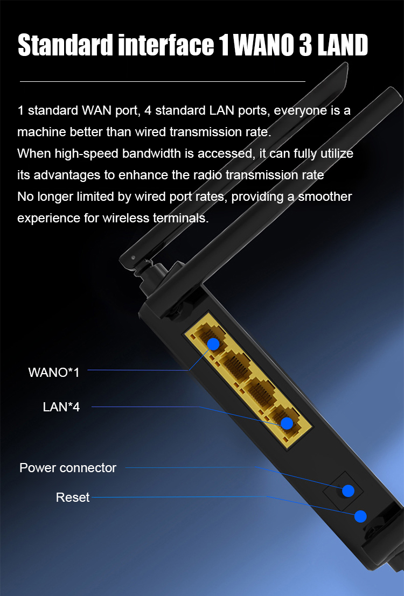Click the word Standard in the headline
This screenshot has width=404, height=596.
click(66, 45)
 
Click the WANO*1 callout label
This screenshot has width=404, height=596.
click(54, 372)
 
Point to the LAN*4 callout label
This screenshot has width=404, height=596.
click(61, 406)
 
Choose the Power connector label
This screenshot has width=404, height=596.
click(68, 468)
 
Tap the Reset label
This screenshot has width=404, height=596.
click(73, 497)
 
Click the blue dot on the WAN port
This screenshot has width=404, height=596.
click(213, 344)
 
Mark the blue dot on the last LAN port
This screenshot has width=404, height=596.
click(287, 423)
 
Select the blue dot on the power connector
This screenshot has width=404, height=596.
click(348, 490)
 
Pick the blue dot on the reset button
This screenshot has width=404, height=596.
click(360, 516)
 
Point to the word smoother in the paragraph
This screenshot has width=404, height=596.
click(325, 197)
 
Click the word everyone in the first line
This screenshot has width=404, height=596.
click(301, 110)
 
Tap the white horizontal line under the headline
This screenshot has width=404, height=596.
click(163, 81)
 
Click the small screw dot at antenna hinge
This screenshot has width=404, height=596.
click(133, 258)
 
